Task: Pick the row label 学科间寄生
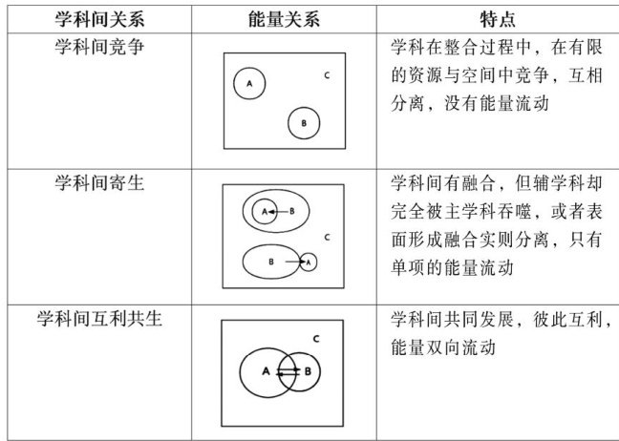click(99, 181)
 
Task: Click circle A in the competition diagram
click(249, 84)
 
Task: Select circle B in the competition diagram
click(303, 123)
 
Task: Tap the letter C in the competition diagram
click(327, 74)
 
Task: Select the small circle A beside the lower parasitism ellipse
click(308, 261)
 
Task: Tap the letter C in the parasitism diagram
click(328, 237)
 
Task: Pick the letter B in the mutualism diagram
click(308, 371)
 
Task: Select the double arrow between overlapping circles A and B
click(288, 372)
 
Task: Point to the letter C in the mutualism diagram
click(316, 339)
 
